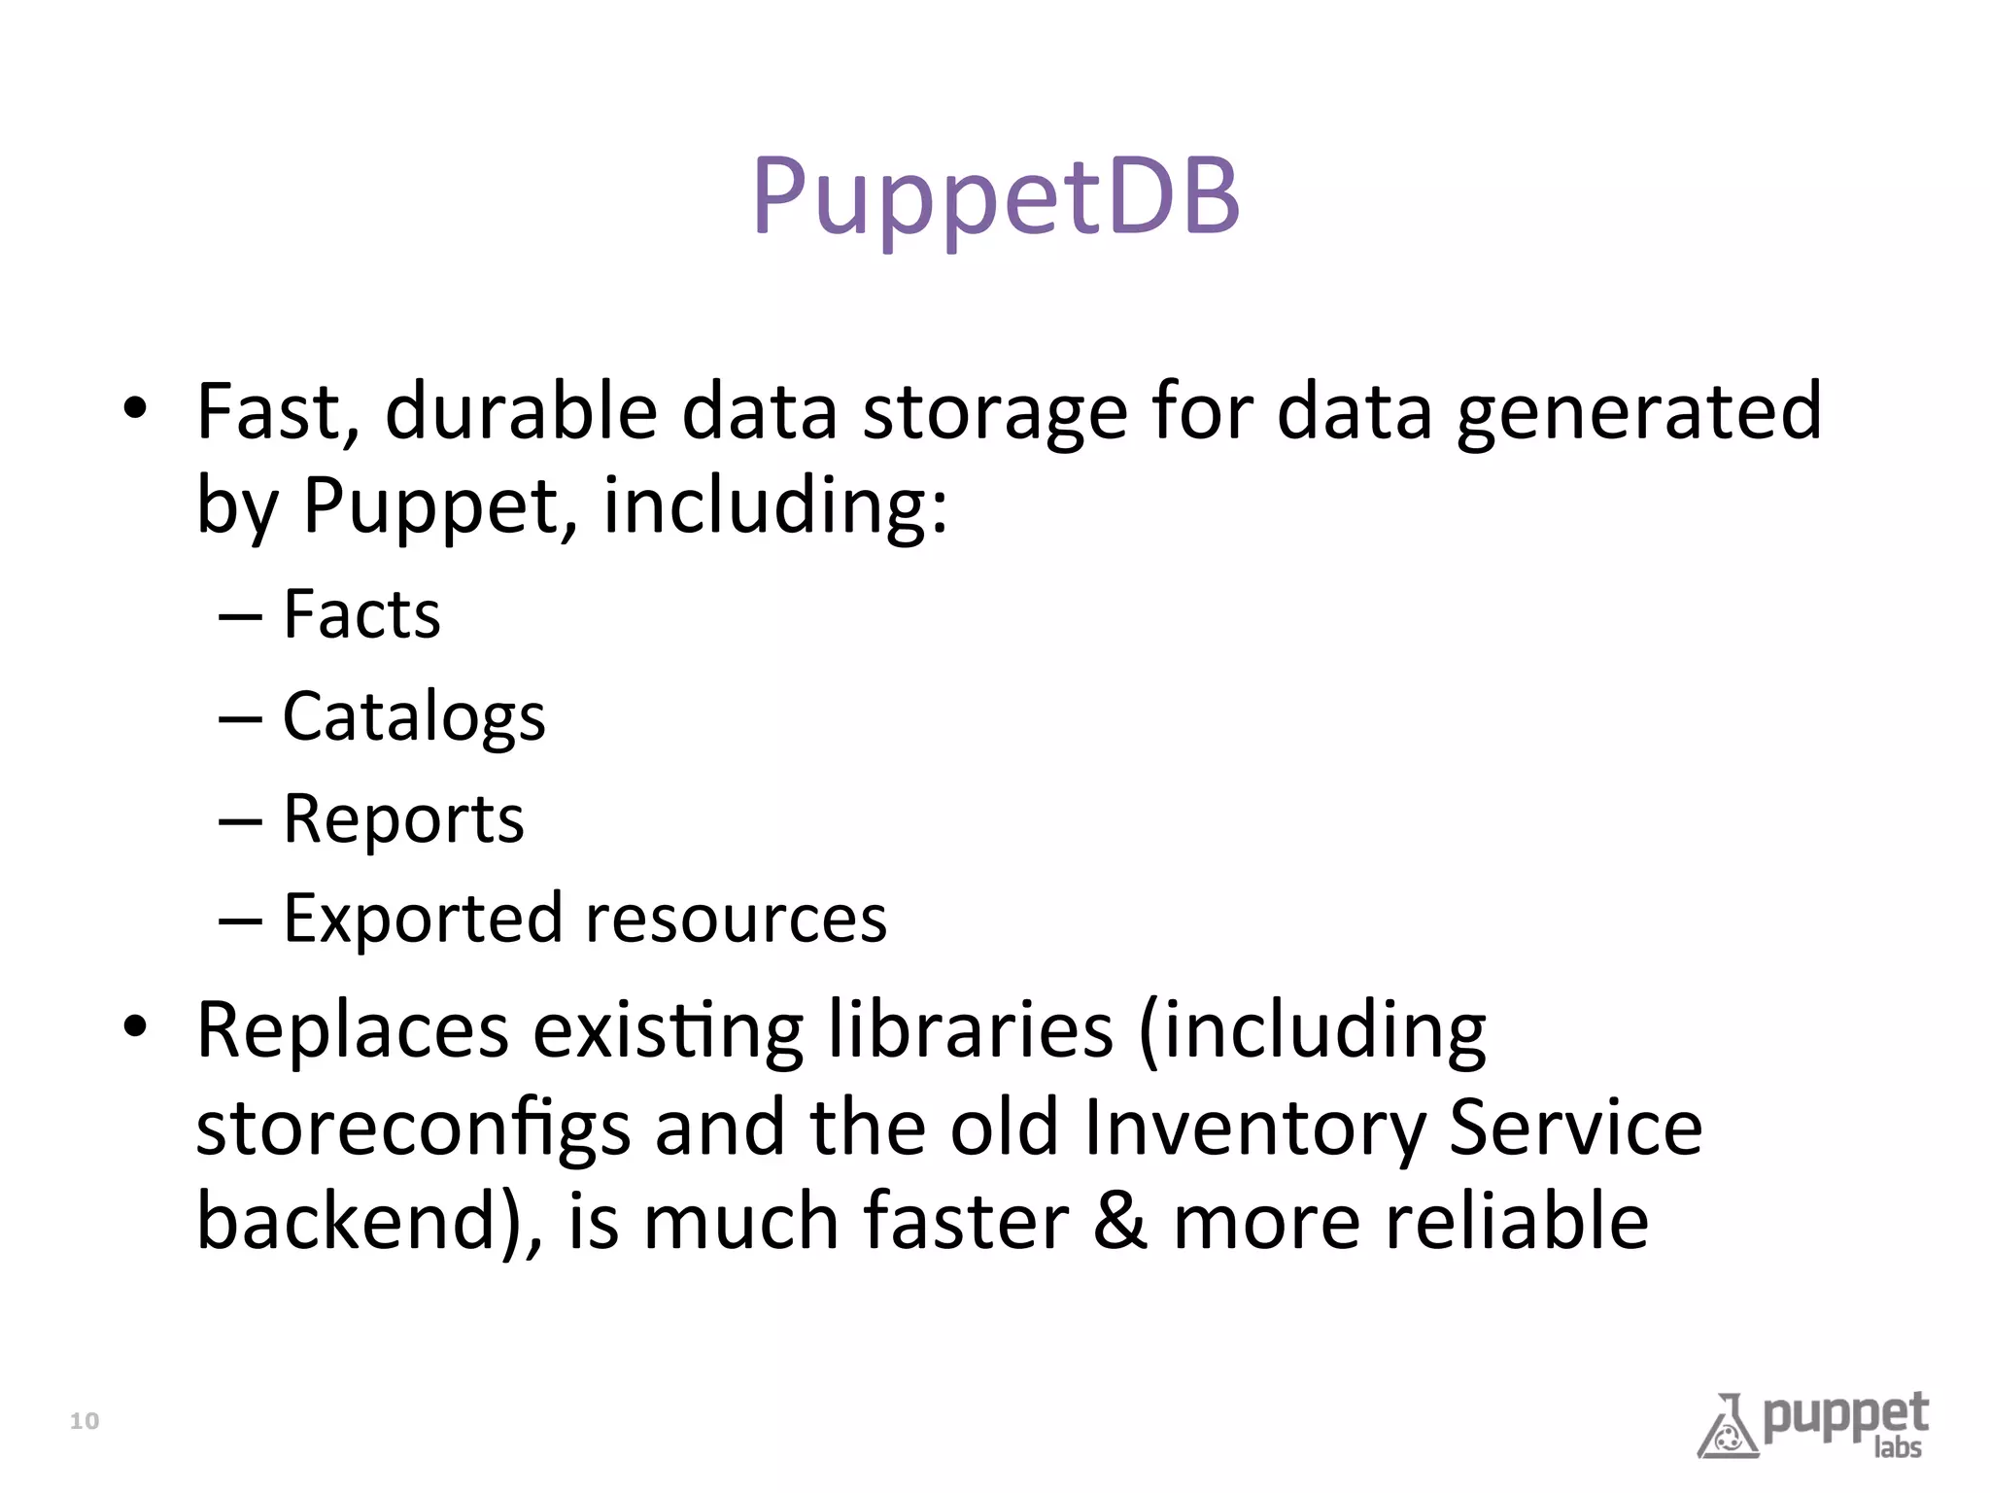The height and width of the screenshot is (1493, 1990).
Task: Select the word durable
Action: (522, 412)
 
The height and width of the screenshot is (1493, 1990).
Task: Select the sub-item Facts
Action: (361, 614)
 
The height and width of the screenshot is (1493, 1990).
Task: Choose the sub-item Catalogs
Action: (414, 717)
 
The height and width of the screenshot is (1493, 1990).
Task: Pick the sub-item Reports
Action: (403, 819)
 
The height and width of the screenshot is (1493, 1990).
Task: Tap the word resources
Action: (736, 920)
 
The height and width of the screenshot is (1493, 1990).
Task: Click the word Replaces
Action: (353, 1030)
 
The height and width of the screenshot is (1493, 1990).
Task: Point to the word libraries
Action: (971, 1030)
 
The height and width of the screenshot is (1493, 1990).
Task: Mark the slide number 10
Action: (85, 1421)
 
